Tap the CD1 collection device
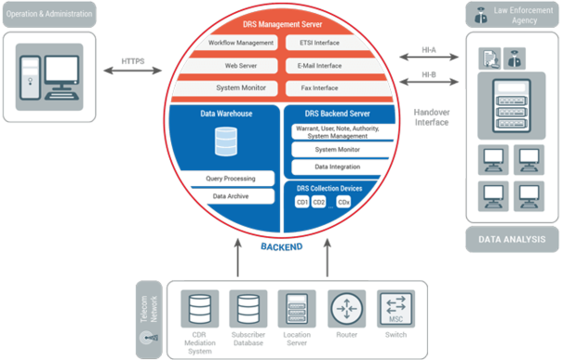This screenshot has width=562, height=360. coord(301,202)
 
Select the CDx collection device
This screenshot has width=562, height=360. coord(343,202)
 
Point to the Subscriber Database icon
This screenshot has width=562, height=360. coord(248,308)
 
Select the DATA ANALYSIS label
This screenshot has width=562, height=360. coord(512,239)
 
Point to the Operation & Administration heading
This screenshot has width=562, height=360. coord(47,14)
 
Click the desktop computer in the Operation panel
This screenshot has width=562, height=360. coord(47,75)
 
